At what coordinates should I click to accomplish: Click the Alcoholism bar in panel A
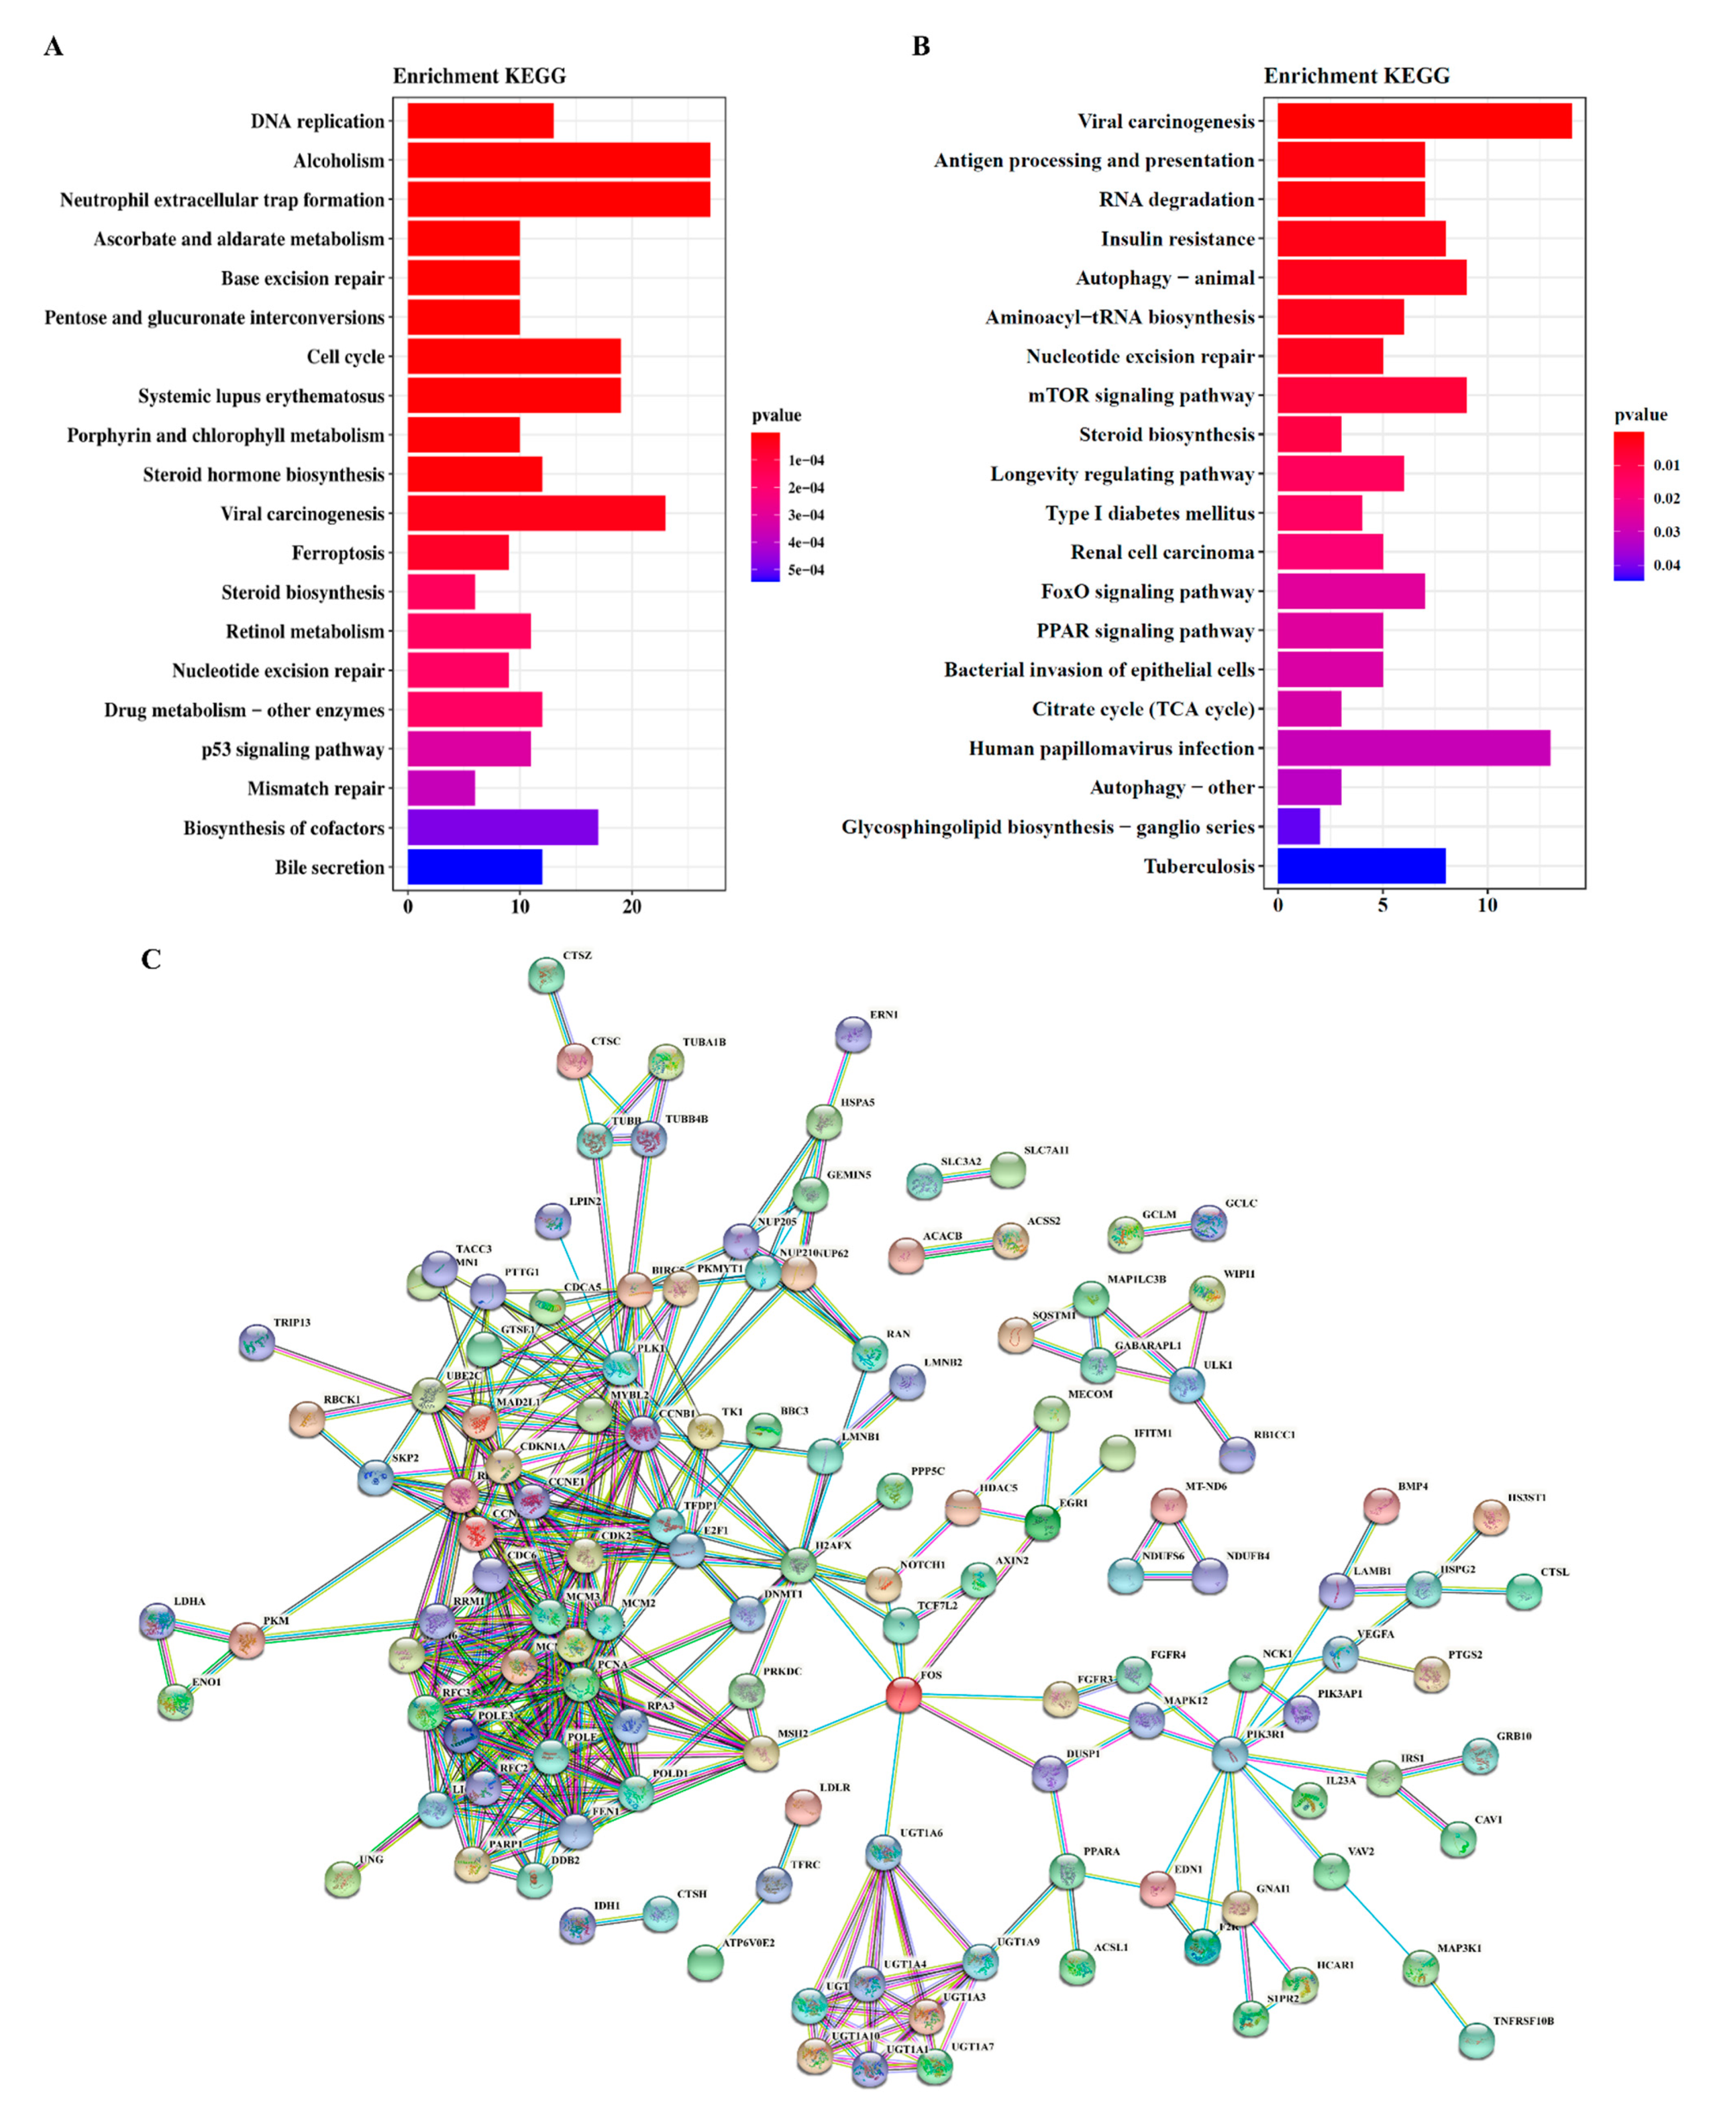pyautogui.click(x=558, y=161)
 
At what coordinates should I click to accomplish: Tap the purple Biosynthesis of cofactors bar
pyautogui.click(x=502, y=827)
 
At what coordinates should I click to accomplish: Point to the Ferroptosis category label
pyautogui.click(x=338, y=553)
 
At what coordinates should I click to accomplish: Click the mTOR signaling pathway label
pyautogui.click(x=1141, y=396)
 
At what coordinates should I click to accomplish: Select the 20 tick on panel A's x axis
pyautogui.click(x=632, y=907)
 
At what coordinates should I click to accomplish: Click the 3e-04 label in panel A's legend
pyautogui.click(x=805, y=515)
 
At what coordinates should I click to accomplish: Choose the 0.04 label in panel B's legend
pyautogui.click(x=1667, y=565)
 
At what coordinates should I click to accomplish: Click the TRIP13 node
pyautogui.click(x=257, y=1342)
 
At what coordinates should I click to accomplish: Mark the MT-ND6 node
pyautogui.click(x=1169, y=1505)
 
